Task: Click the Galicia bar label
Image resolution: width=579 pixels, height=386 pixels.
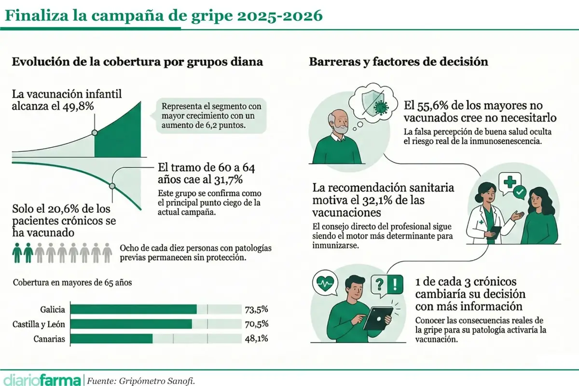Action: coord(54,309)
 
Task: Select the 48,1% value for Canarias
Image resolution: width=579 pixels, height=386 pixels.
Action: coord(256,339)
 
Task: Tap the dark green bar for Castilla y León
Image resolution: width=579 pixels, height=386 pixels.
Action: coord(131,324)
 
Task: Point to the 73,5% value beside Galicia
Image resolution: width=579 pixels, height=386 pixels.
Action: coord(256,309)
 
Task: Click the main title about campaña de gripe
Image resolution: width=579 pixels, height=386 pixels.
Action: coord(163,16)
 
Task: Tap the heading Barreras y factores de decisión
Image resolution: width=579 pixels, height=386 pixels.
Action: coord(398,62)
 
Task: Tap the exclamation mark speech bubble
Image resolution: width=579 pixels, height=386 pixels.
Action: coord(395,283)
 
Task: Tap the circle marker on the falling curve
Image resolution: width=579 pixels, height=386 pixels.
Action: coord(112,186)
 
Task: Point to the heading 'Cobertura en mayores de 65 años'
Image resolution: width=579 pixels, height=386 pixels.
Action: coord(72,283)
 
